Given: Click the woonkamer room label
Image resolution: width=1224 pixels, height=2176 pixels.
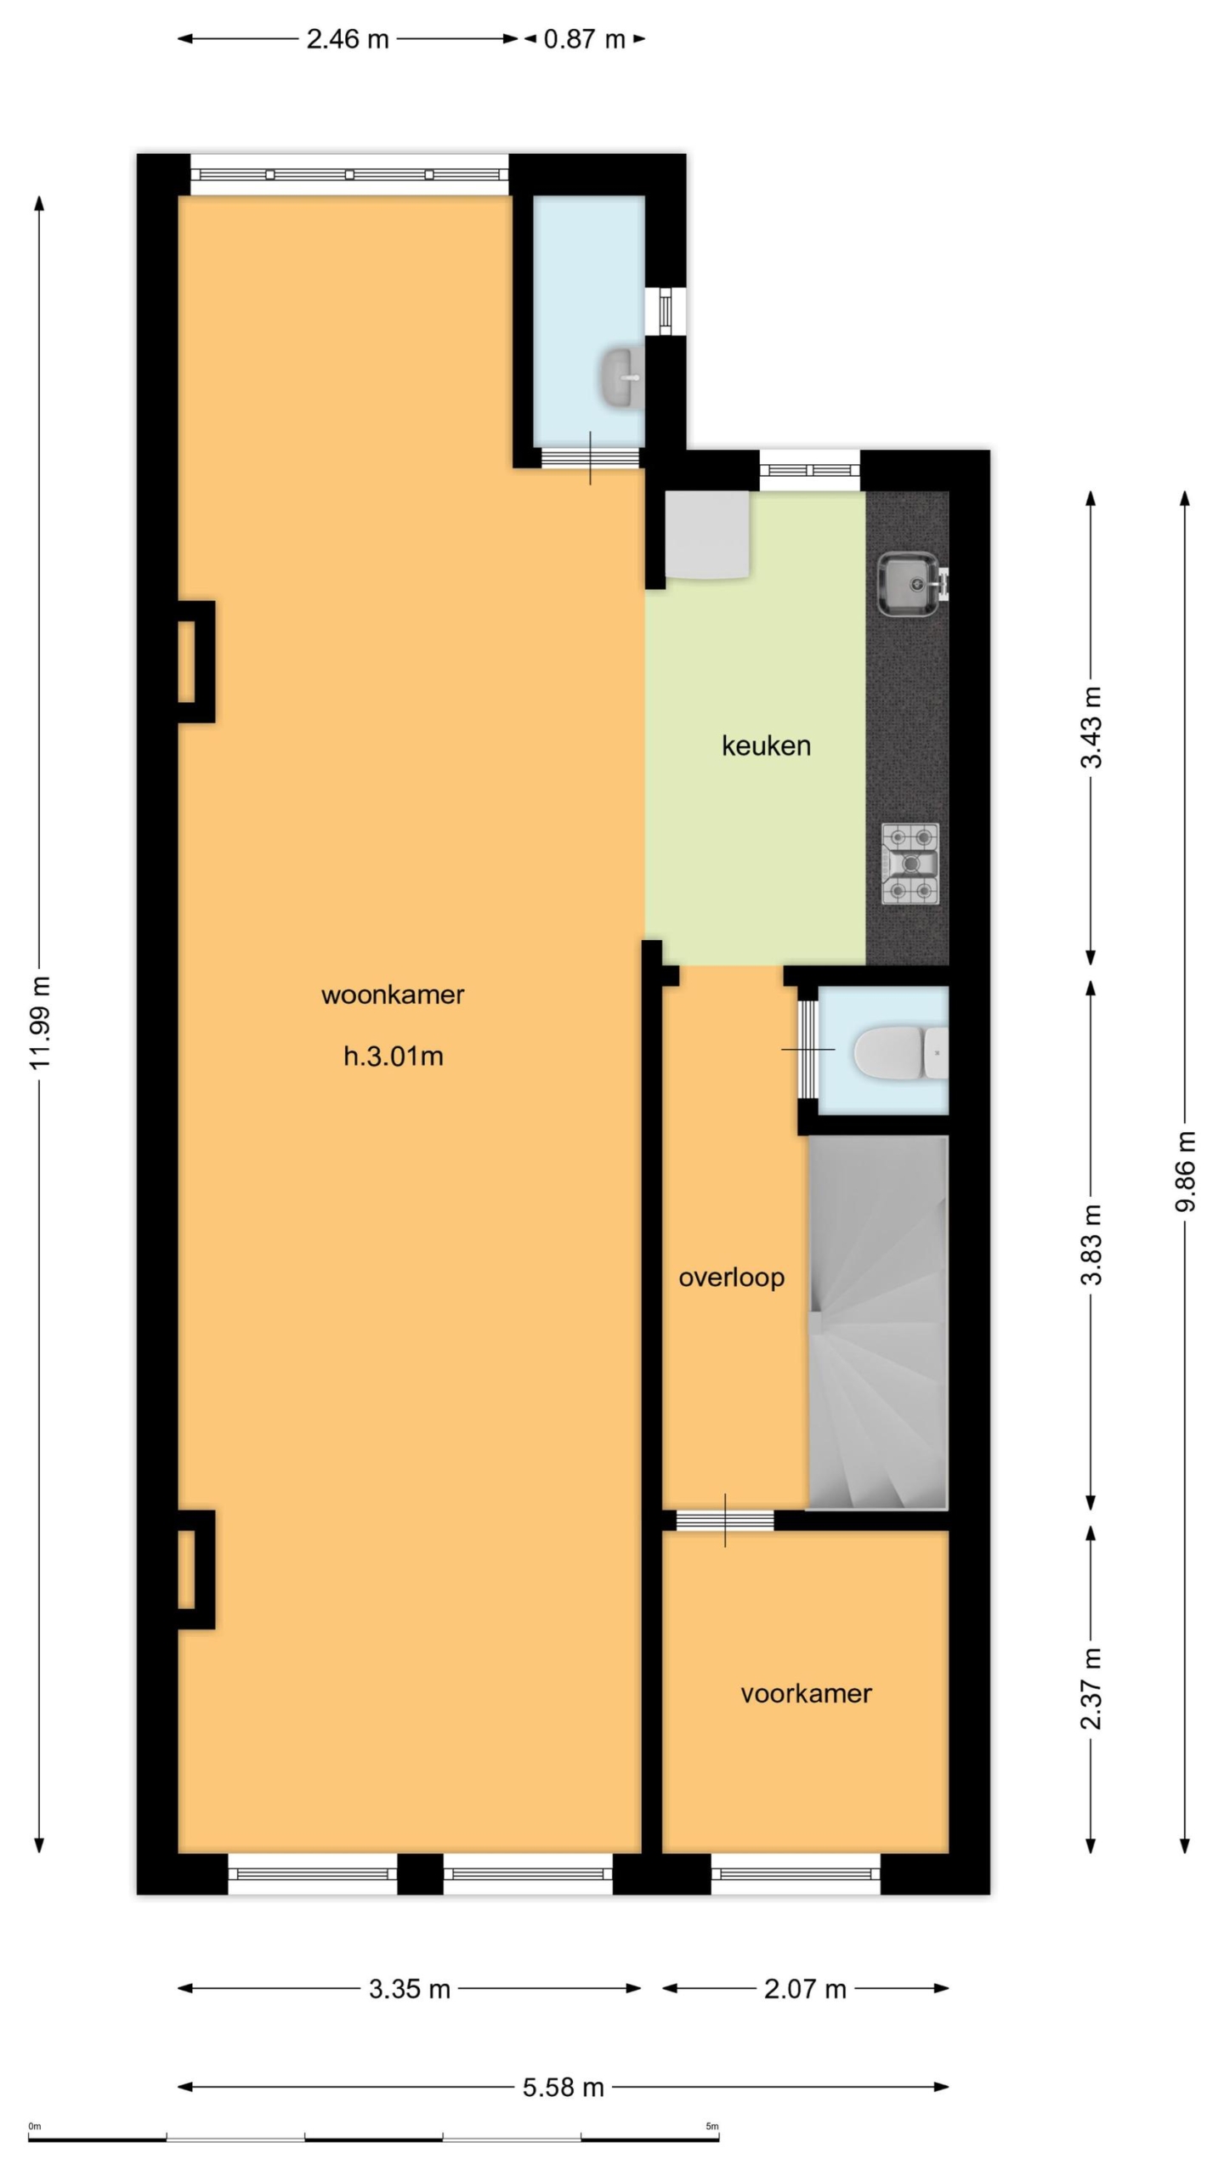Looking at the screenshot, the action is tap(392, 995).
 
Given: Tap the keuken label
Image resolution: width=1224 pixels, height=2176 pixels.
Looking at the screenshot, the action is tap(766, 746).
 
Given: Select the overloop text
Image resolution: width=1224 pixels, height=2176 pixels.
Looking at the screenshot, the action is tap(731, 1278).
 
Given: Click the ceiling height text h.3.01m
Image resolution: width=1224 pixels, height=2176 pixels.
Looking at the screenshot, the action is tap(393, 1057).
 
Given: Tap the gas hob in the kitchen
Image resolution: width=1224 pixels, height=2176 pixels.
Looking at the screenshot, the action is tap(910, 864).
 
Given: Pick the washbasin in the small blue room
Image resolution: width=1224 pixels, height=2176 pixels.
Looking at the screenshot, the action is tap(622, 377).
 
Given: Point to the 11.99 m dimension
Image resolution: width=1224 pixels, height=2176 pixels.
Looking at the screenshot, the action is tap(39, 1023).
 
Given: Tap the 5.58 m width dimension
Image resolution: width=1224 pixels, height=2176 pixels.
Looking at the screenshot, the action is tap(563, 2087).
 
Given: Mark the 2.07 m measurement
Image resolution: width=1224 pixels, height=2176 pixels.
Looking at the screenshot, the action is tap(805, 1989).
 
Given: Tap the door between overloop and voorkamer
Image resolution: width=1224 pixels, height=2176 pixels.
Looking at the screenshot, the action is tap(725, 1521).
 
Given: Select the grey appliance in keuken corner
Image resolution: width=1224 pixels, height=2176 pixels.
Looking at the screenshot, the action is tap(707, 535).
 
